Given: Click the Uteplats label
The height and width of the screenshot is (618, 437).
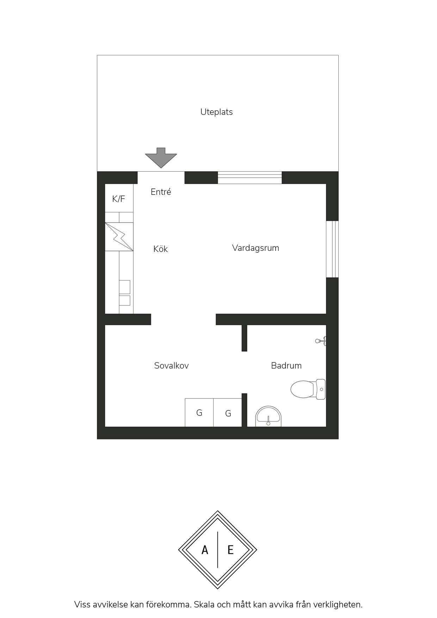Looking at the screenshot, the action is [x=216, y=112].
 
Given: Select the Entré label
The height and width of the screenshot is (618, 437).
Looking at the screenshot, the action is [x=161, y=192].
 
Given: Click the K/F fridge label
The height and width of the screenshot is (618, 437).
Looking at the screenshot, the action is [x=118, y=199].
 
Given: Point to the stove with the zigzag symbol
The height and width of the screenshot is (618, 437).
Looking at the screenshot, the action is [x=119, y=236].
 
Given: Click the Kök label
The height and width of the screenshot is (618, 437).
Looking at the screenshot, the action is [x=160, y=249].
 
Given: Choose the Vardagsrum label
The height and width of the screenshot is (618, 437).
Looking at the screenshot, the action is [x=256, y=248].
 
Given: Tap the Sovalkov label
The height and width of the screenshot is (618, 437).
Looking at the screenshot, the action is [x=171, y=365].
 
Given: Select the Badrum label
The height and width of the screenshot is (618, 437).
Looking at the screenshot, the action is [x=286, y=365].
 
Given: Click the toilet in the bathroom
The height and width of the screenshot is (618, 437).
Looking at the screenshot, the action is [x=308, y=389].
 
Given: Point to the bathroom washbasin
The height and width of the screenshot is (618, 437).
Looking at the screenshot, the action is [x=269, y=416].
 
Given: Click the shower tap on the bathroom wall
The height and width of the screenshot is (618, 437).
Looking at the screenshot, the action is [x=321, y=341].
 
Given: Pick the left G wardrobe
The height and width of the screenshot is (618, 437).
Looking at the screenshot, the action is [x=199, y=413].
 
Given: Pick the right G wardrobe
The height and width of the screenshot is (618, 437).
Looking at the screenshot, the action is [x=228, y=413].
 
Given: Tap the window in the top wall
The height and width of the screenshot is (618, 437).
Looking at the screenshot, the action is [x=250, y=178].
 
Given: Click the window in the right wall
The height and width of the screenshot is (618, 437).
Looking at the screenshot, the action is [x=332, y=249].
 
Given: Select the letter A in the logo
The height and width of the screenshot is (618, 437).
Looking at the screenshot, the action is [x=205, y=550].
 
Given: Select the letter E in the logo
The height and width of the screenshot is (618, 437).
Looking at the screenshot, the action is [x=230, y=550].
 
